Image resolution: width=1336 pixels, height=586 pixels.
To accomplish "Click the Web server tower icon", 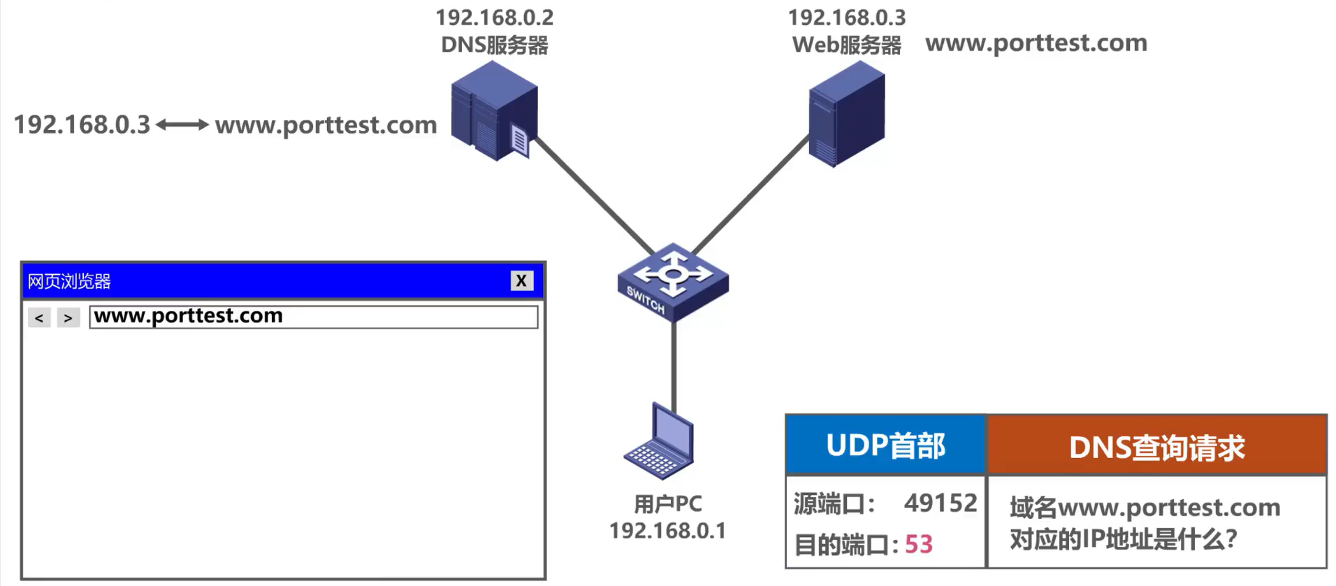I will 846,114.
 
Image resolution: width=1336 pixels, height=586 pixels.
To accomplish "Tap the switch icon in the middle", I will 672,282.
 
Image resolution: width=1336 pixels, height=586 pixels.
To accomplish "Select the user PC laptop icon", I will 660,443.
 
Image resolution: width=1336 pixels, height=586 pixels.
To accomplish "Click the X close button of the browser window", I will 521,280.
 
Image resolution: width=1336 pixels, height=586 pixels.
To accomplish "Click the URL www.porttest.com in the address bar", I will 189,316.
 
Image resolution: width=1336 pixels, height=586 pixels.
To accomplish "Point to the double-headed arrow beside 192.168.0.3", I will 182,124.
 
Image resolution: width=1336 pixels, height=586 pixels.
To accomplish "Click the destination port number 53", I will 918,544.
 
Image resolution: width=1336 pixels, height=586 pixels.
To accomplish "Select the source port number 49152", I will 940,503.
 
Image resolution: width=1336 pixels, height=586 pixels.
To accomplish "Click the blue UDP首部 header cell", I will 885,445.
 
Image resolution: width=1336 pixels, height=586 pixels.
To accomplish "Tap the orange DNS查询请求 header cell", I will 1156,447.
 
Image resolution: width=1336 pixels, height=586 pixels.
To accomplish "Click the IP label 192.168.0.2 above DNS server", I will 494,17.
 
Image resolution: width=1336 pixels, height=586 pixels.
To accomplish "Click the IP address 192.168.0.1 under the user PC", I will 667,531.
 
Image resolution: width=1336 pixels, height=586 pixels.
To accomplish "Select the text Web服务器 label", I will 846,45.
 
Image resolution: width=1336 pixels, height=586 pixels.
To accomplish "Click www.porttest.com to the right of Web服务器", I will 1036,43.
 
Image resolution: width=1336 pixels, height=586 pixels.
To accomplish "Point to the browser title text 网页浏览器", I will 69,281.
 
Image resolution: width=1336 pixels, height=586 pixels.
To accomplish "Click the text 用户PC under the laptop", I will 667,503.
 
